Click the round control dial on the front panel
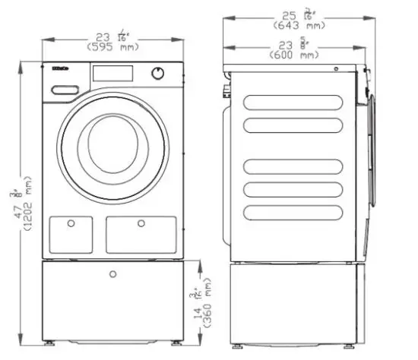(158, 73)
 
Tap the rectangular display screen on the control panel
(112, 73)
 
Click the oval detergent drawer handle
(65, 90)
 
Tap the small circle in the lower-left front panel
(70, 223)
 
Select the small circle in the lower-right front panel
(141, 223)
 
